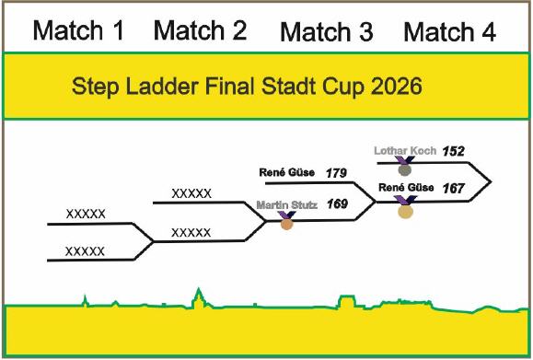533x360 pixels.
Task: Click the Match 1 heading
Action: (x=78, y=30)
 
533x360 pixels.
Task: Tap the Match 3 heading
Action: (x=327, y=32)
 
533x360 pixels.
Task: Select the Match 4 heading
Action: (x=450, y=32)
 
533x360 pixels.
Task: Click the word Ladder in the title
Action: (x=162, y=86)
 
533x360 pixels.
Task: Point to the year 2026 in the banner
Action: (x=397, y=86)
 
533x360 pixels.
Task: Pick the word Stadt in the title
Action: (x=289, y=86)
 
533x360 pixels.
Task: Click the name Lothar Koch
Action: (x=405, y=151)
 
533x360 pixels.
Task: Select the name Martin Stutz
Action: (x=287, y=205)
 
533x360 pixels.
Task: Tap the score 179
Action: (x=336, y=173)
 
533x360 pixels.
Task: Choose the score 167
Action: (x=454, y=188)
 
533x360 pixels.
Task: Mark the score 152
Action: (x=454, y=151)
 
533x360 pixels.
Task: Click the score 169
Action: (x=337, y=204)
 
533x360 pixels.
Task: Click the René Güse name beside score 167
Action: (x=406, y=188)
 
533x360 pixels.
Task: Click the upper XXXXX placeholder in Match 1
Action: (x=86, y=215)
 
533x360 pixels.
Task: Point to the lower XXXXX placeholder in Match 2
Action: (x=191, y=233)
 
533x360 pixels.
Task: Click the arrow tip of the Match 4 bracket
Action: (x=491, y=182)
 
